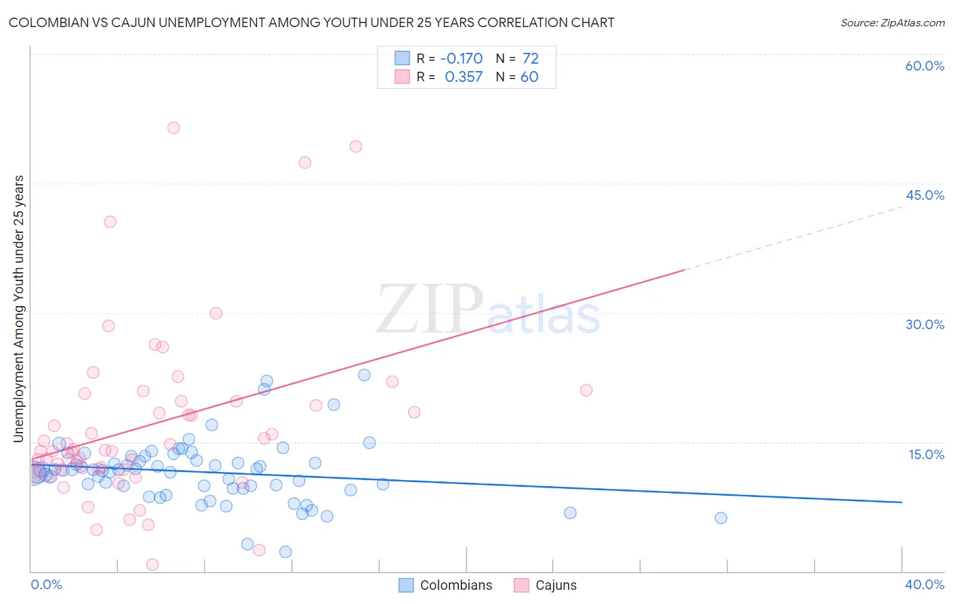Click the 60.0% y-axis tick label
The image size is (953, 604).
925,66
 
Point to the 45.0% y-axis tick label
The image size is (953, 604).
925,195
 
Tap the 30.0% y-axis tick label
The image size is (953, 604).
925,324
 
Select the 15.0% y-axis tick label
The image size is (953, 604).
926,454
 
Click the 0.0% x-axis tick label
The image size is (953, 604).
46,584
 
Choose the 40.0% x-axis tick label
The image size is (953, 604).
925,584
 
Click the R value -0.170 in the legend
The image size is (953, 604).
461,59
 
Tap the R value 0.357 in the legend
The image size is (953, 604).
464,77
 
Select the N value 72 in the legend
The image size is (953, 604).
530,59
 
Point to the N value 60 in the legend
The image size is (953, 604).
529,77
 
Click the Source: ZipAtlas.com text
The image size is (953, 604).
892,22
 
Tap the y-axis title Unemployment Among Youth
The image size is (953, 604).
18,308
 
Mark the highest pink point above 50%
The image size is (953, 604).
174,128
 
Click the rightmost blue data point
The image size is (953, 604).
721,518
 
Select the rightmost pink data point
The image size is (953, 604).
586,390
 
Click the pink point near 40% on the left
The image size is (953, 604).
110,221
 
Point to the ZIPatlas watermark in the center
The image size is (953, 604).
488,310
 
